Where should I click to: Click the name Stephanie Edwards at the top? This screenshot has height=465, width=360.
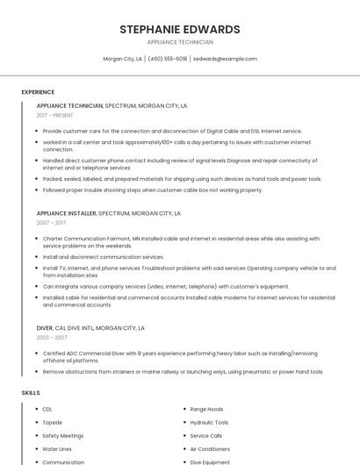180,29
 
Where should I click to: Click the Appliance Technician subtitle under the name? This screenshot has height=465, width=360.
180,42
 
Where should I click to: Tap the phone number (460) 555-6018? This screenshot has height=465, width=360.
168,59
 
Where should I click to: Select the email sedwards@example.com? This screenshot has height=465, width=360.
225,59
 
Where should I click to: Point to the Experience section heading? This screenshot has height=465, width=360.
38,92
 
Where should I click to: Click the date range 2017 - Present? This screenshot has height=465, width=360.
56,115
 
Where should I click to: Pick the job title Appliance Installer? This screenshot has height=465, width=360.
66,213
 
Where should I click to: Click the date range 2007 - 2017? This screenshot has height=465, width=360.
51,223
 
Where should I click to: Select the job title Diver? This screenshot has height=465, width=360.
45,328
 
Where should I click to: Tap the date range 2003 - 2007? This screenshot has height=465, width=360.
52,338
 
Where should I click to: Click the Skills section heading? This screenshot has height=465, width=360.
31,392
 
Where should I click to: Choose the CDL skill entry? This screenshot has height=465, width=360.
47,409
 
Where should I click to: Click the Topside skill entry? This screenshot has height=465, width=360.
52,422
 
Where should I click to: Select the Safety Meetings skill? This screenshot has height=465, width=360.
62,435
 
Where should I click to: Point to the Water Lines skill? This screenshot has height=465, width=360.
56,448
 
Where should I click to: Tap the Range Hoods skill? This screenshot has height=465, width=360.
206,409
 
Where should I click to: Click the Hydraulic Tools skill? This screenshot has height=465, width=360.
209,422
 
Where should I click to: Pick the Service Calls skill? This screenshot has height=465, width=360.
206,435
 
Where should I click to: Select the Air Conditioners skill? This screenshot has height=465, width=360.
210,448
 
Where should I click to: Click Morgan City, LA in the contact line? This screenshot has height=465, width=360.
123,59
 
